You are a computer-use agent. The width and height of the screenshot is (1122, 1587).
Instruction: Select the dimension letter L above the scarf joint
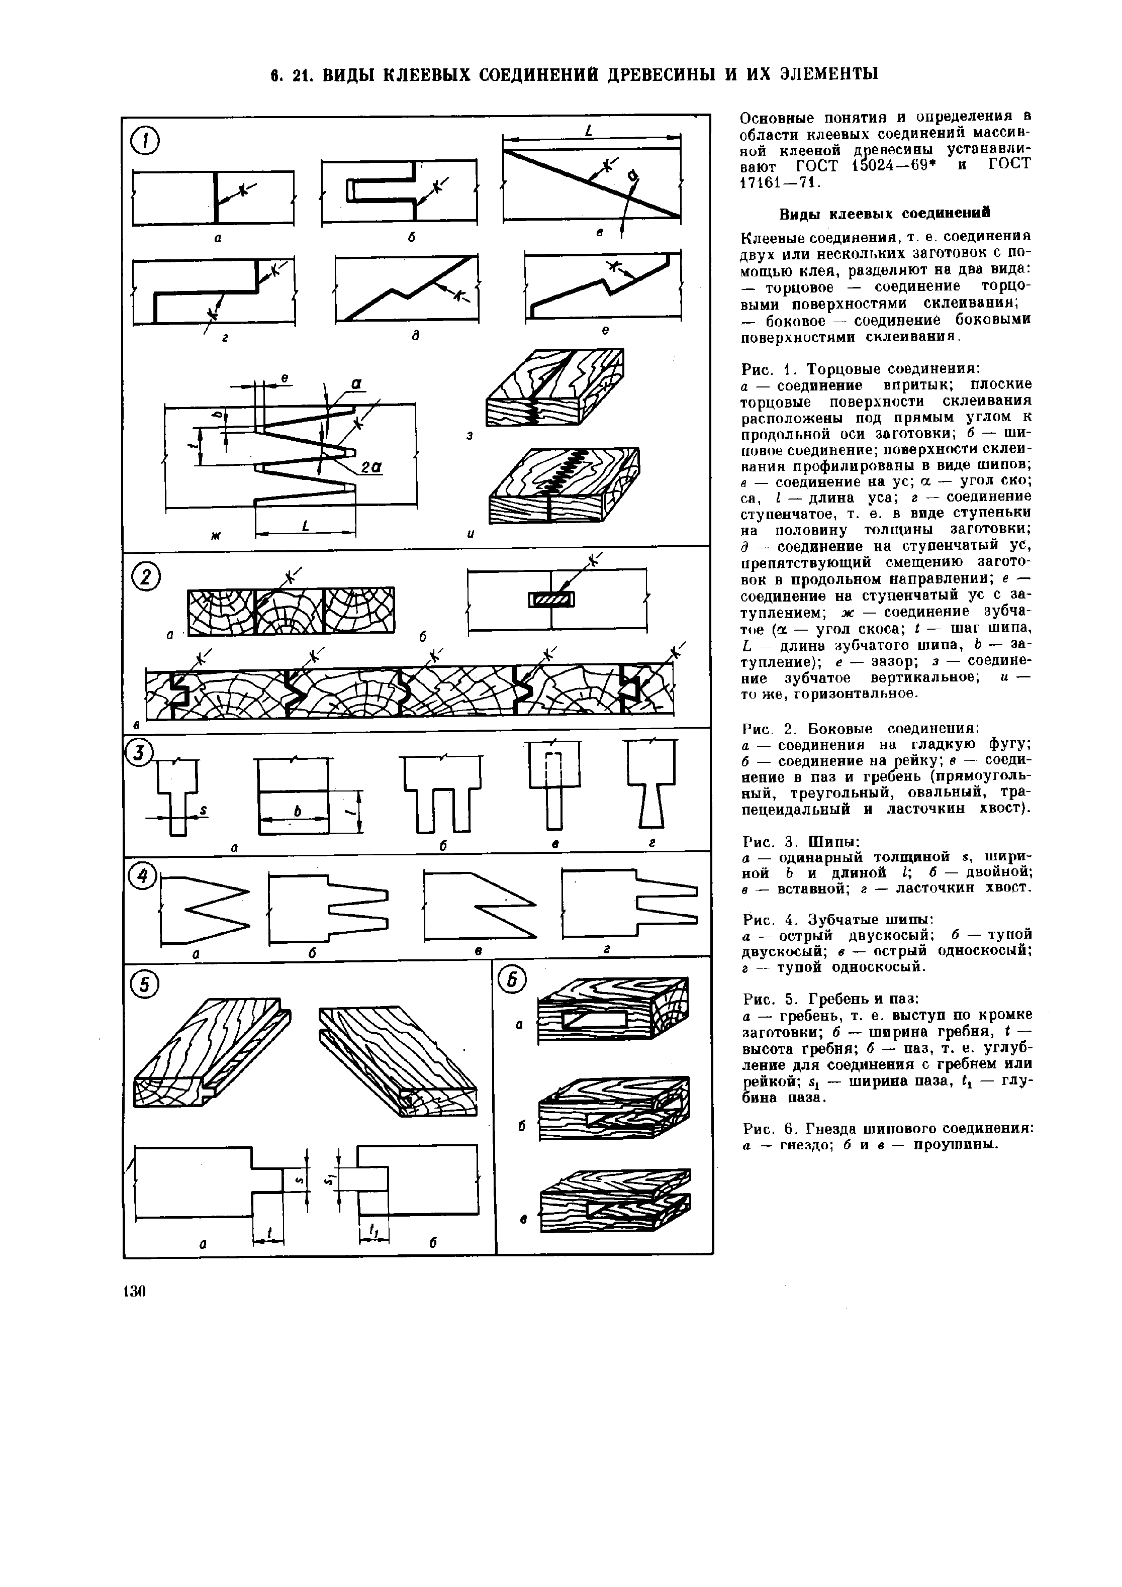click(x=588, y=131)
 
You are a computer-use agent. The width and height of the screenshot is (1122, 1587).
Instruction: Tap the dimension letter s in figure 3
click(x=205, y=810)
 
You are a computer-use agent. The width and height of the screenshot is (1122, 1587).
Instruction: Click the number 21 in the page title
click(x=299, y=74)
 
